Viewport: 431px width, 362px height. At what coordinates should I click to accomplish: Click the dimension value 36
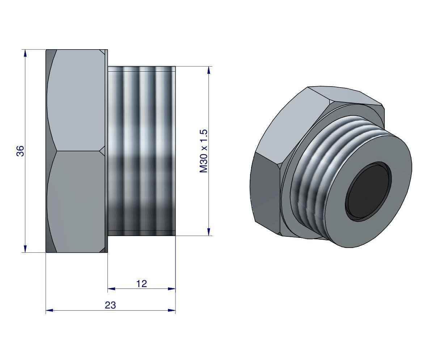click(x=21, y=151)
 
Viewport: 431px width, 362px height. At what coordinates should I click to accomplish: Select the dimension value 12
click(x=141, y=283)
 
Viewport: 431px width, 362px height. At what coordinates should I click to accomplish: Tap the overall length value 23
click(x=110, y=305)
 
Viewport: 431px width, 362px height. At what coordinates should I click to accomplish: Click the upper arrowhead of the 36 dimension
click(x=25, y=53)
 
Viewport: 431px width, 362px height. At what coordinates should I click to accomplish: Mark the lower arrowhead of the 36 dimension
click(x=25, y=249)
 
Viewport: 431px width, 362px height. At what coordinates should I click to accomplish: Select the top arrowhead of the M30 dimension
click(x=208, y=70)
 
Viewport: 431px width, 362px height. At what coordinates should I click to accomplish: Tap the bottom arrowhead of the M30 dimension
click(x=208, y=232)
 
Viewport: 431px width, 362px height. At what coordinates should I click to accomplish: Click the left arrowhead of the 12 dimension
click(x=111, y=289)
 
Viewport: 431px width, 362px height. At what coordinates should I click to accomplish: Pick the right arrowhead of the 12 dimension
click(x=172, y=289)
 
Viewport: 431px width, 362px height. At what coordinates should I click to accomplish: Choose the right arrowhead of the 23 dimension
click(x=172, y=310)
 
